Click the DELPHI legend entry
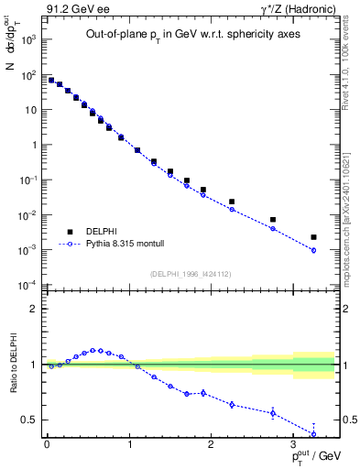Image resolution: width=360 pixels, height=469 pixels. pos(101,232)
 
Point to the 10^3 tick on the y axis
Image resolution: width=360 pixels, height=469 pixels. pos(28,40)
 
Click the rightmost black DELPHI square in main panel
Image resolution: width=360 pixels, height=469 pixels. pos(313,237)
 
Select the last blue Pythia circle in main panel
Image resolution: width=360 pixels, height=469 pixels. pos(313,250)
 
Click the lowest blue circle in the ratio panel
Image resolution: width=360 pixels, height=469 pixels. pos(313,433)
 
